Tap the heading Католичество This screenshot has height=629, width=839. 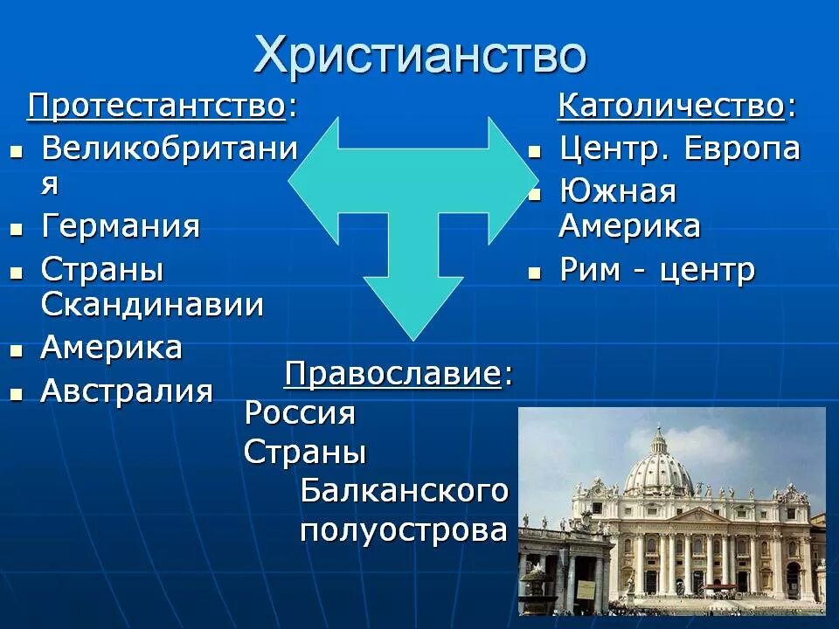pyautogui.click(x=671, y=107)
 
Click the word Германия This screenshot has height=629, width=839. pyautogui.click(x=121, y=227)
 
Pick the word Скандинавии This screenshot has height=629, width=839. pyautogui.click(x=152, y=305)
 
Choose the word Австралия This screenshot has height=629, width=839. pyautogui.click(x=127, y=391)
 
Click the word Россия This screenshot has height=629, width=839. pyautogui.click(x=300, y=412)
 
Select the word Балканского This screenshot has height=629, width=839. pyautogui.click(x=404, y=491)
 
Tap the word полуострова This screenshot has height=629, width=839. pyautogui.click(x=404, y=530)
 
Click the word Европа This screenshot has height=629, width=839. pyautogui.click(x=741, y=149)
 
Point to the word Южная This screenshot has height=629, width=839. pyautogui.click(x=618, y=191)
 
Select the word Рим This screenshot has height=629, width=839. pyautogui.click(x=589, y=270)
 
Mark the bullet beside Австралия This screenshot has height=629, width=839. pyautogui.click(x=16, y=394)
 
